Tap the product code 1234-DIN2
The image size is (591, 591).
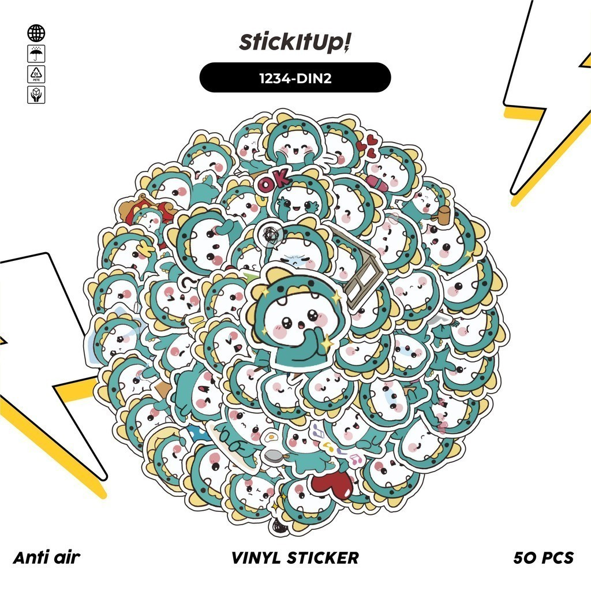[x=295, y=77]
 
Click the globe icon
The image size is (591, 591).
[x=36, y=33]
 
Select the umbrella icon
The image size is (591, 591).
[x=36, y=54]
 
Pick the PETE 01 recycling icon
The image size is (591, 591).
[x=36, y=74]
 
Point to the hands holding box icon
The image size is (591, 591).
[x=36, y=95]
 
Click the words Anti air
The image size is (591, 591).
[x=46, y=558]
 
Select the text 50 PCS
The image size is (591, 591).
[x=543, y=558]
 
